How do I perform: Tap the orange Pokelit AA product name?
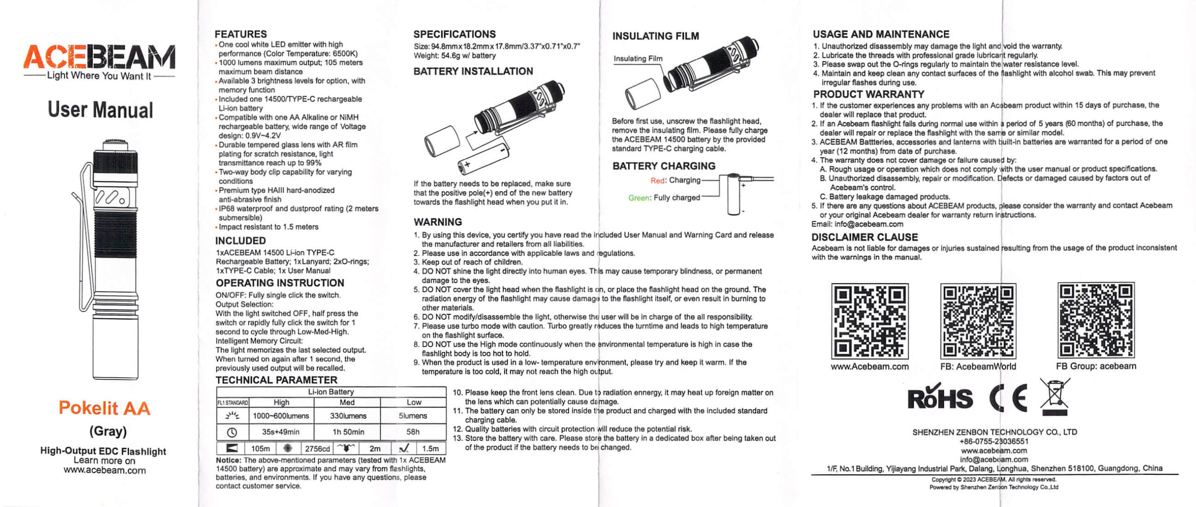click(x=104, y=408)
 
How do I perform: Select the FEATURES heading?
click(x=241, y=34)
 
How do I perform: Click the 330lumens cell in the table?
click(x=348, y=415)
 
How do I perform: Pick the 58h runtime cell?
click(x=413, y=432)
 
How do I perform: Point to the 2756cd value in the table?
click(x=317, y=449)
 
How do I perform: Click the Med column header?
click(x=347, y=402)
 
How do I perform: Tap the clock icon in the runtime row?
click(x=232, y=432)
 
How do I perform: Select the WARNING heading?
click(x=437, y=222)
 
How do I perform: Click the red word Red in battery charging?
click(x=657, y=181)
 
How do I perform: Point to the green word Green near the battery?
click(x=638, y=198)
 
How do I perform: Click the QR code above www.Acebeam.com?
click(x=869, y=321)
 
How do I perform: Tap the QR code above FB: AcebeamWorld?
click(x=978, y=321)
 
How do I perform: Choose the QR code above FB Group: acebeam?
click(x=1096, y=320)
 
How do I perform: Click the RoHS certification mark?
click(x=940, y=398)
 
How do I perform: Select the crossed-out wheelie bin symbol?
click(x=1054, y=397)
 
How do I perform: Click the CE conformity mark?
click(x=1008, y=398)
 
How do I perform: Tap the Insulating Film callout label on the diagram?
click(x=638, y=59)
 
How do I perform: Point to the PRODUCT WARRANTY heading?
click(x=869, y=94)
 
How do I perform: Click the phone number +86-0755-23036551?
click(x=994, y=441)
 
